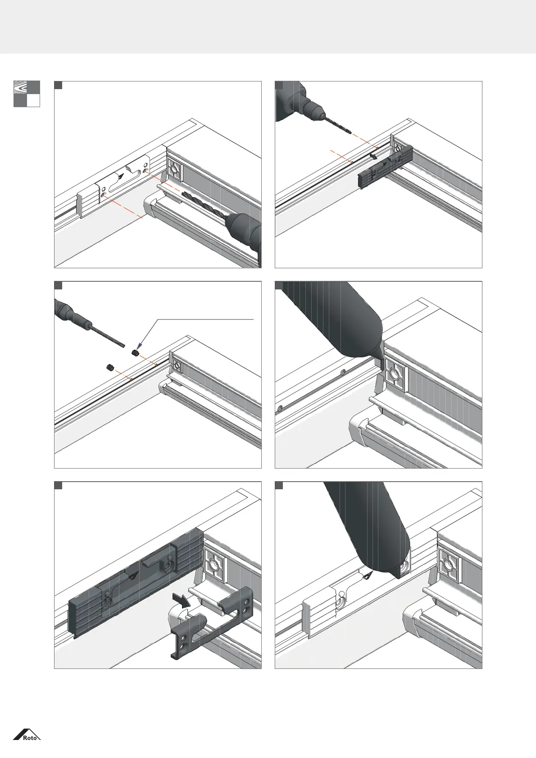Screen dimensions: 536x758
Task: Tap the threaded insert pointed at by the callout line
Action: [134, 352]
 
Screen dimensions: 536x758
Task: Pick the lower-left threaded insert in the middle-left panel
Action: [109, 368]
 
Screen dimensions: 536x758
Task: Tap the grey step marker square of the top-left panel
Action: [58, 85]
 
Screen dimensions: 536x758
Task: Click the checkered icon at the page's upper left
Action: [27, 94]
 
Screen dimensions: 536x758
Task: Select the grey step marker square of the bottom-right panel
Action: [279, 485]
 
